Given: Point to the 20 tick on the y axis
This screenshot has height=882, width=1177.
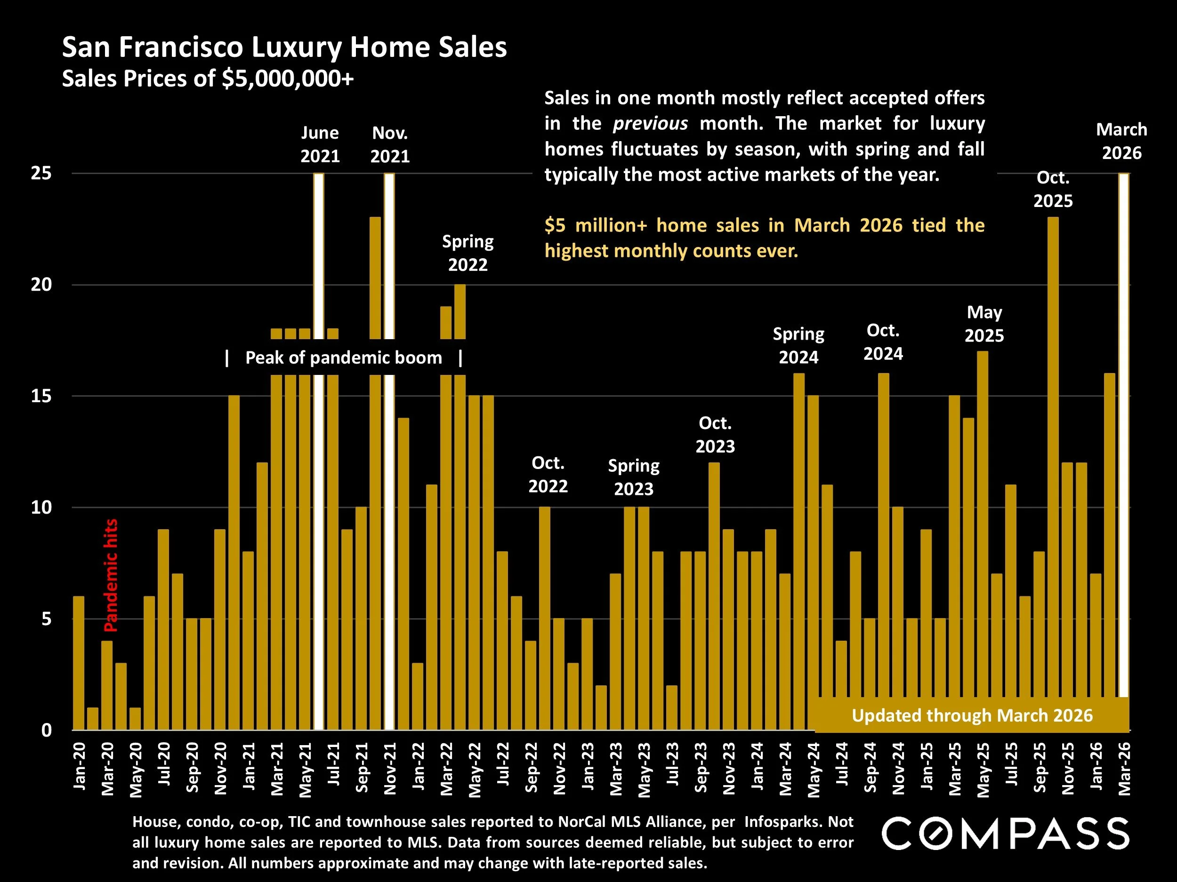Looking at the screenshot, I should (x=41, y=285).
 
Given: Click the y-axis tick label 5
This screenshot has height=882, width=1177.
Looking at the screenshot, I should (x=46, y=619).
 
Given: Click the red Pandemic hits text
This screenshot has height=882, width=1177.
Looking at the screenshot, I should (x=110, y=575).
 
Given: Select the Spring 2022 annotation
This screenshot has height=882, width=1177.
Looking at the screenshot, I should (x=468, y=253).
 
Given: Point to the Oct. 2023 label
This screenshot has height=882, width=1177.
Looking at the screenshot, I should (x=715, y=434).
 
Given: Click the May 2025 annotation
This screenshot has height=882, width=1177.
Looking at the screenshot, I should (x=984, y=324).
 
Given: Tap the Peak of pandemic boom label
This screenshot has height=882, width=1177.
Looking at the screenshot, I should (x=344, y=358).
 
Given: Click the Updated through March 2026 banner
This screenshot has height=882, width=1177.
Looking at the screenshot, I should (x=972, y=715).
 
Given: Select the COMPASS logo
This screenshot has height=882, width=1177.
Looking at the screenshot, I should (x=1005, y=834).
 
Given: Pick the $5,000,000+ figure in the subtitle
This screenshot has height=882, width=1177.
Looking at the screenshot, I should (x=287, y=79).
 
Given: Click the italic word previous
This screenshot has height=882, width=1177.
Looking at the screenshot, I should (x=650, y=124).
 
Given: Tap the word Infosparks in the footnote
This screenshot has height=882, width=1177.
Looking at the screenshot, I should (x=775, y=822).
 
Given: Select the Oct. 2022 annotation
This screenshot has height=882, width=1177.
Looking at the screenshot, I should (x=548, y=474).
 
